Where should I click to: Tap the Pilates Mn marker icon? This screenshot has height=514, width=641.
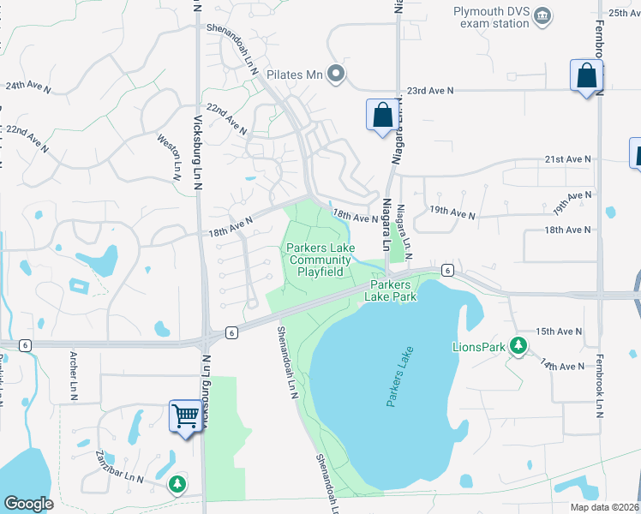[336, 75]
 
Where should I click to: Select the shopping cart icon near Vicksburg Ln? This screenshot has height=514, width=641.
[185, 417]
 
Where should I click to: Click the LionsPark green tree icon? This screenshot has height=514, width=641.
[518, 345]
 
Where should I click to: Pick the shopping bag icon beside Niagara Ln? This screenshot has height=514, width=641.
[381, 115]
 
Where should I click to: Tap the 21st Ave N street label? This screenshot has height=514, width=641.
[568, 159]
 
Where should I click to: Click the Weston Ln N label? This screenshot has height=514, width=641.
[171, 157]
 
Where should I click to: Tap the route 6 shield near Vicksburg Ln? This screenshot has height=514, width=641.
[231, 332]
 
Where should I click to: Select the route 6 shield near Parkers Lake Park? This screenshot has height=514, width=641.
[447, 270]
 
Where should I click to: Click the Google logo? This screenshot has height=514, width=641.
[28, 504]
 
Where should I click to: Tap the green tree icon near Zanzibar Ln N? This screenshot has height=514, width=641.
[177, 484]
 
